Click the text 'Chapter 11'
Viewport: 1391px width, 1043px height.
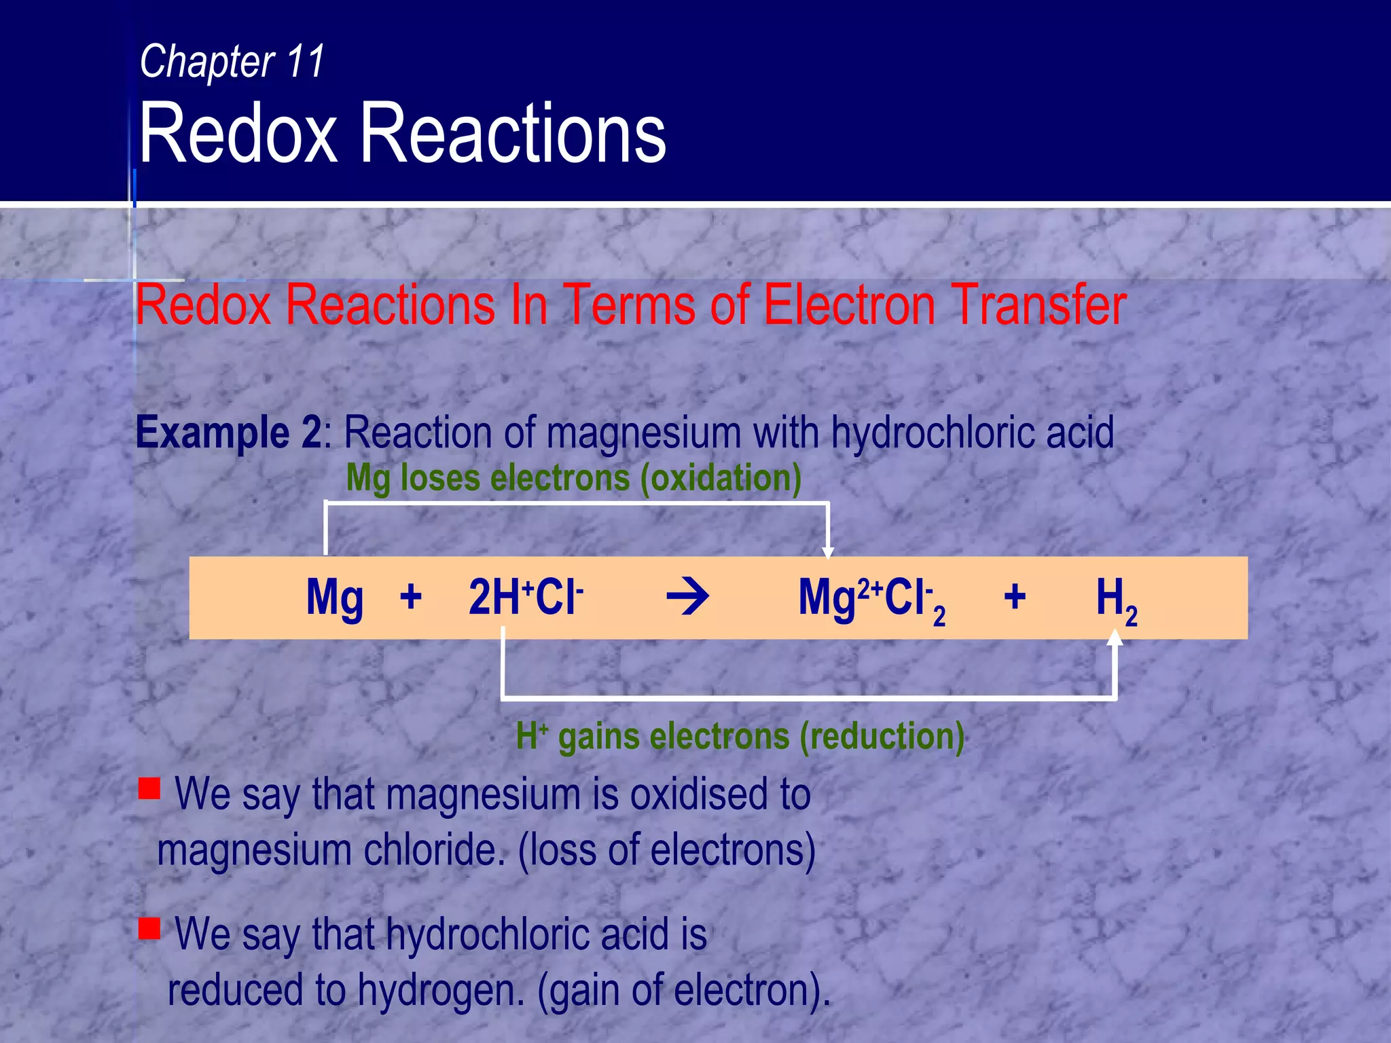232,61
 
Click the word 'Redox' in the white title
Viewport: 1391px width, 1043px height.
238,133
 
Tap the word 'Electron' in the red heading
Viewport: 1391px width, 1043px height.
849,305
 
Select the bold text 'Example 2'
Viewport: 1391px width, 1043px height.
229,433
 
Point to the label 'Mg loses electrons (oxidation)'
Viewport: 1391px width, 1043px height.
574,478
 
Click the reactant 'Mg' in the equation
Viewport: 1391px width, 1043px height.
334,598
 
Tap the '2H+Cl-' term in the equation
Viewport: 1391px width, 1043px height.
526,597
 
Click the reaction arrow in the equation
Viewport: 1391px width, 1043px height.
688,598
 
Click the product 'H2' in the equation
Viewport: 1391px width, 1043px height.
1116,600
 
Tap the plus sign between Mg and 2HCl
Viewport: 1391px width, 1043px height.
410,598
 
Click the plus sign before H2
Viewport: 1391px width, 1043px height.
1015,598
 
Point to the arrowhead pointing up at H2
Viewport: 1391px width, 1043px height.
1115,637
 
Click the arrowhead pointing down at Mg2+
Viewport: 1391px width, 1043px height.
827,552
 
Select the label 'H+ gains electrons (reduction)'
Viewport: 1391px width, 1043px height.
740,737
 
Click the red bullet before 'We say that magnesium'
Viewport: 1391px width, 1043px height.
149,788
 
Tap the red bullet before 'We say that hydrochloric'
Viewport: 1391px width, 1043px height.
149,928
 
